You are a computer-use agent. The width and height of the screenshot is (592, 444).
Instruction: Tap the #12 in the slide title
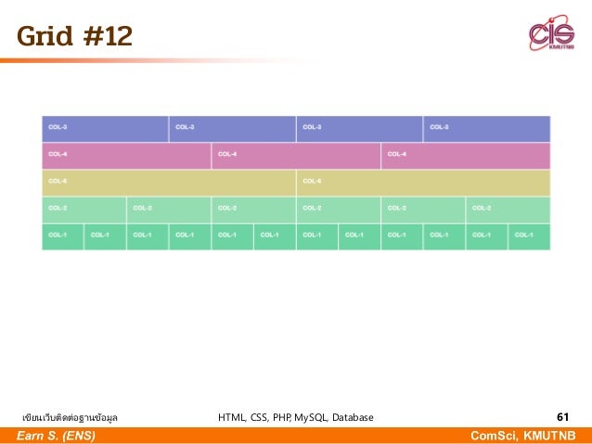pyautogui.click(x=107, y=36)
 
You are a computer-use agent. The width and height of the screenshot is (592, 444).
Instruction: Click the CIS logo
pyautogui.click(x=551, y=34)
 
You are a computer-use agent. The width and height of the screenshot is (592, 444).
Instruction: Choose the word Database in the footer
pyautogui.click(x=353, y=418)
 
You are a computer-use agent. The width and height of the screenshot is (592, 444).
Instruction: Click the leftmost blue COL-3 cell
pyautogui.click(x=105, y=128)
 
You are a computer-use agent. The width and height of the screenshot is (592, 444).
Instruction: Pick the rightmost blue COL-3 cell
pyautogui.click(x=487, y=128)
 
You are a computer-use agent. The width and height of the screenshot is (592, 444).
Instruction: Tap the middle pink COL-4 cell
pyautogui.click(x=296, y=155)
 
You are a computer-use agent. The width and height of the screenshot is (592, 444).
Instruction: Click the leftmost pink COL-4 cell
pyautogui.click(x=126, y=155)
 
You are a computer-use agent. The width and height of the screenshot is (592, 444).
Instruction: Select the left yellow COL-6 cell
pyautogui.click(x=169, y=182)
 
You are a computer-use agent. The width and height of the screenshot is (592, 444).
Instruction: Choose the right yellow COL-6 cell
pyautogui.click(x=423, y=182)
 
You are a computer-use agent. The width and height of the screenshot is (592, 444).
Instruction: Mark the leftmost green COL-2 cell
pyautogui.click(x=84, y=209)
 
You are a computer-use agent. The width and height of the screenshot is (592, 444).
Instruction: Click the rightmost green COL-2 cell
pyautogui.click(x=508, y=209)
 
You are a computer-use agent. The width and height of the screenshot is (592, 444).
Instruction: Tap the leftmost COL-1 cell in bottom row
pyautogui.click(x=62, y=235)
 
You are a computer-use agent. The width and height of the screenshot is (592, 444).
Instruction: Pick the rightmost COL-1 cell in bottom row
pyautogui.click(x=530, y=235)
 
